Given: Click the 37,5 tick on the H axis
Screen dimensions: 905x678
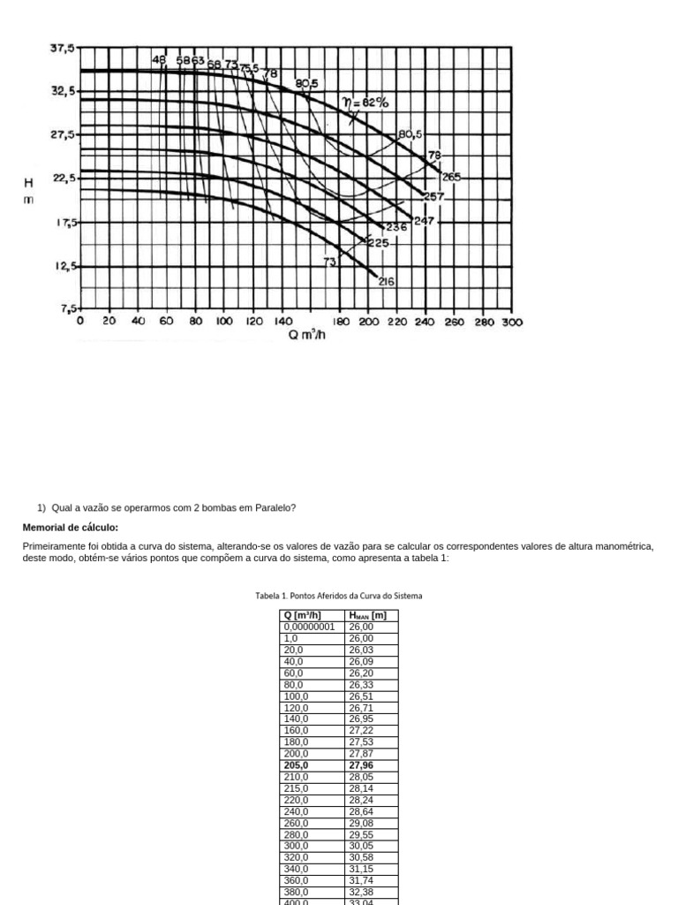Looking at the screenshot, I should (x=63, y=49).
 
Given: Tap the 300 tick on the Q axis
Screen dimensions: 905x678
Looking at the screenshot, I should (x=513, y=323).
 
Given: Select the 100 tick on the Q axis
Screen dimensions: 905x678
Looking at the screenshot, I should (x=224, y=323).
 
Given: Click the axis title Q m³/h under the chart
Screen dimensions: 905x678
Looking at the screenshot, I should (x=307, y=336).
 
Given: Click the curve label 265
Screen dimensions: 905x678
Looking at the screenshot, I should (x=451, y=177).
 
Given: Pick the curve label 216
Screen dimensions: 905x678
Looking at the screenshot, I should (x=387, y=282).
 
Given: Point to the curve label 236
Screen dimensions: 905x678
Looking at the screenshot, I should (x=396, y=226).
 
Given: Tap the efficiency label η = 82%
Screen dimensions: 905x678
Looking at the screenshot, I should (x=365, y=103).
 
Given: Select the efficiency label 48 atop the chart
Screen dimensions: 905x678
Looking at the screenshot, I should (x=159, y=60).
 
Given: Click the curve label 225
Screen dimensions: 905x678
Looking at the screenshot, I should (x=378, y=242).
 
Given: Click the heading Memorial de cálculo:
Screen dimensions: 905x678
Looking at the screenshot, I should (x=70, y=528).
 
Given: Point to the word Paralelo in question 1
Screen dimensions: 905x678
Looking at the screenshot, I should (x=275, y=508).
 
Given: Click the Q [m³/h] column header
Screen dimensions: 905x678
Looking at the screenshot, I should (x=302, y=615).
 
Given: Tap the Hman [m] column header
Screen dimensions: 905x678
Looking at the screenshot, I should (x=368, y=615).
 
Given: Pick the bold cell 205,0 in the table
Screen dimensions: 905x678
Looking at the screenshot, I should (x=296, y=765).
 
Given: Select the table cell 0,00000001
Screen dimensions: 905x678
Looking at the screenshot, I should (x=309, y=627).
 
